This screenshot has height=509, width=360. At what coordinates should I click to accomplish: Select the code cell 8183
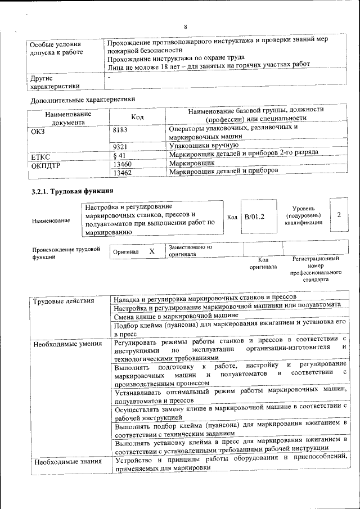pos(121,130)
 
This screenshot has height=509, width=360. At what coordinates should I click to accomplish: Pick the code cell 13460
pos(123,164)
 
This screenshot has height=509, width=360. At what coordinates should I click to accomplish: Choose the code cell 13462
pos(123,173)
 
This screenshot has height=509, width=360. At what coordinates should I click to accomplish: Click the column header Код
pos(137,116)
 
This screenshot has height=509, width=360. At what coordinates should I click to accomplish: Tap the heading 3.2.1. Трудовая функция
pos(69,191)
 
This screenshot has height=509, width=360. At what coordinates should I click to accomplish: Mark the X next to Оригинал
pos(151,251)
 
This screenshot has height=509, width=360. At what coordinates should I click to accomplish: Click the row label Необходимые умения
pos(67,344)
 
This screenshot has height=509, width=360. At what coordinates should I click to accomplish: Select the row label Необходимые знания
pos(67,462)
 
